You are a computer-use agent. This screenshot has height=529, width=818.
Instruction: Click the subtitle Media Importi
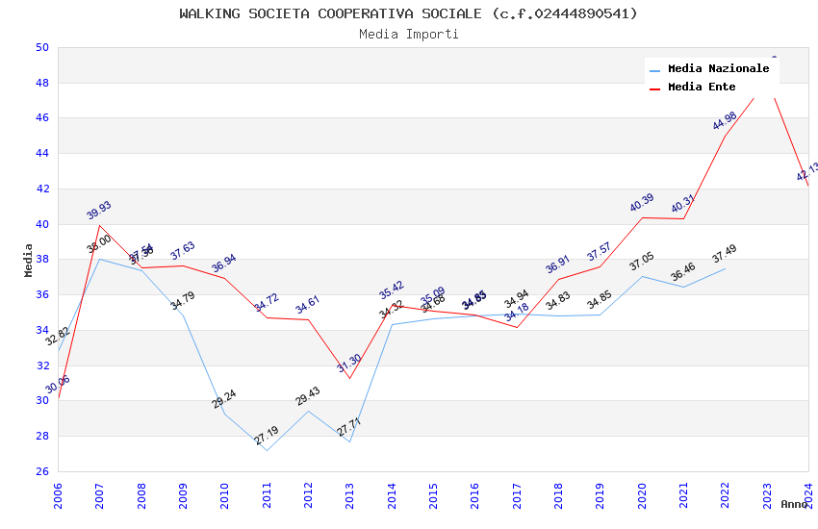[409, 34]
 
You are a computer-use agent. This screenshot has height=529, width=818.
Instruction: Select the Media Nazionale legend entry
[718, 69]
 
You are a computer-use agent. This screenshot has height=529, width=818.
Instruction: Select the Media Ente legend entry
[702, 88]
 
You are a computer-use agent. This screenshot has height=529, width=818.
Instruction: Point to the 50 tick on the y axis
[41, 47]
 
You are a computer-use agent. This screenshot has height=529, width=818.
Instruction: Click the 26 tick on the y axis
[41, 471]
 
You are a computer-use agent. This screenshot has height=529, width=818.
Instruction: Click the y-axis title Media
[29, 260]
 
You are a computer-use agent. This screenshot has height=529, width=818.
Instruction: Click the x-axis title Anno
[794, 504]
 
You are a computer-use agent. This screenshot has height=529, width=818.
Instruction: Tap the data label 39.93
[99, 211]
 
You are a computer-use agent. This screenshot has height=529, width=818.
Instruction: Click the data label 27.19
[267, 436]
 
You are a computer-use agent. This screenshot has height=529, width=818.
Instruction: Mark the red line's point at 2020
[642, 217]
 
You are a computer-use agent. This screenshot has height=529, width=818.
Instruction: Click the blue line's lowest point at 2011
[267, 450]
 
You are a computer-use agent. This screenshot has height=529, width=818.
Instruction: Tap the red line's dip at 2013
[349, 378]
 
